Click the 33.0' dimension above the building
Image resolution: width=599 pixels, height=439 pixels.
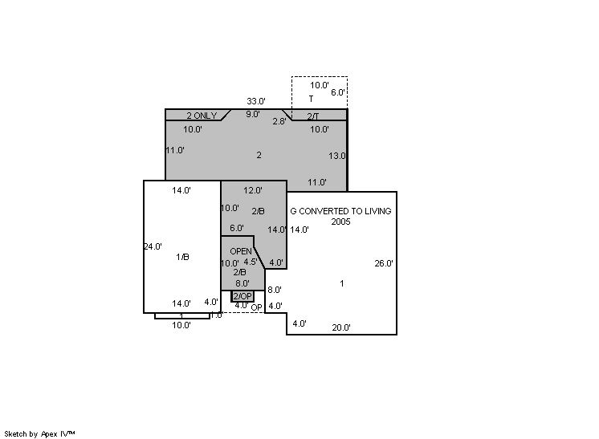point(256,101)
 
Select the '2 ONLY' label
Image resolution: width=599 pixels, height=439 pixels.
point(202,116)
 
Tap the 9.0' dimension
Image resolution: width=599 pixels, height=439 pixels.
point(252,114)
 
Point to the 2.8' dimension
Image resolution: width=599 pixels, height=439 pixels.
point(279,121)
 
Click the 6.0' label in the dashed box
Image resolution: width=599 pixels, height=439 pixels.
point(338,92)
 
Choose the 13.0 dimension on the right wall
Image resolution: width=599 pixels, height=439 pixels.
point(337,156)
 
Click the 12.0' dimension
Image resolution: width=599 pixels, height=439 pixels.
point(253,190)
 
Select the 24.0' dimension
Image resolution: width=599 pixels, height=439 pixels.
point(153,246)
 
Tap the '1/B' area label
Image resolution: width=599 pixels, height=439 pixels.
point(182,257)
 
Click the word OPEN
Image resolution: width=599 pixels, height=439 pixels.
point(241,251)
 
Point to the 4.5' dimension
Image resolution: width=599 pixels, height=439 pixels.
point(251,262)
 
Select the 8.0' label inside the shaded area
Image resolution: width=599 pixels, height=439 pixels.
point(242,283)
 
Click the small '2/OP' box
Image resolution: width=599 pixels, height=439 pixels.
point(242,296)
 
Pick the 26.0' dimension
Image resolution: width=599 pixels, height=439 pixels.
point(384,263)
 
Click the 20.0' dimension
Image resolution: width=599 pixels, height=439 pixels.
point(341,327)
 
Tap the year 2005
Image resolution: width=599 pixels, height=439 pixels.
point(340,222)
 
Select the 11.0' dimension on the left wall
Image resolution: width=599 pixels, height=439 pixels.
point(175,150)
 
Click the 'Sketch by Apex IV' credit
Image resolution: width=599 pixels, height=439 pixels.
point(39,434)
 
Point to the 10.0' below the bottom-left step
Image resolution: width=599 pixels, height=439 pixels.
point(181,325)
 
